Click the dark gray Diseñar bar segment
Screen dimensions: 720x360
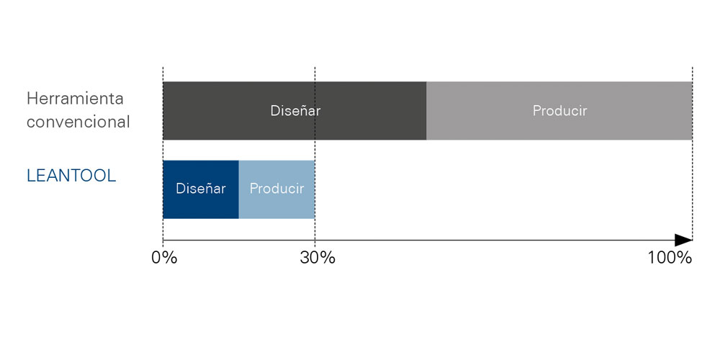click(294, 111)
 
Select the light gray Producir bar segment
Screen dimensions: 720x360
click(559, 111)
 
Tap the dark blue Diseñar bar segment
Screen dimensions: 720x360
click(201, 189)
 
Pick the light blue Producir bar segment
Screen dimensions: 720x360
click(276, 189)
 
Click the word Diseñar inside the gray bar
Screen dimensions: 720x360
click(295, 111)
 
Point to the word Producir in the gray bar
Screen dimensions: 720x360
click(559, 111)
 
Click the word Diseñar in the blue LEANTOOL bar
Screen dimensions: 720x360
click(201, 189)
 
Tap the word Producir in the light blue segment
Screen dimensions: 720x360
click(277, 189)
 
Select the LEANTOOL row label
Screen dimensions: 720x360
click(71, 176)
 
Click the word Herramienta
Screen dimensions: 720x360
click(76, 99)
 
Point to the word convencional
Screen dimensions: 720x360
click(78, 122)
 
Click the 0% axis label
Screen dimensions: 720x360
click(164, 258)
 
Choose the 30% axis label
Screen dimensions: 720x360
click(318, 258)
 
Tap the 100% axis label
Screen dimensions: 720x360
click(670, 258)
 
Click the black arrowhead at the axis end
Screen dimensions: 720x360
click(683, 240)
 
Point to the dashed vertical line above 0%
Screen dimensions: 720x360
click(163, 153)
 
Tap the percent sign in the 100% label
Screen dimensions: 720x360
click(685, 258)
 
